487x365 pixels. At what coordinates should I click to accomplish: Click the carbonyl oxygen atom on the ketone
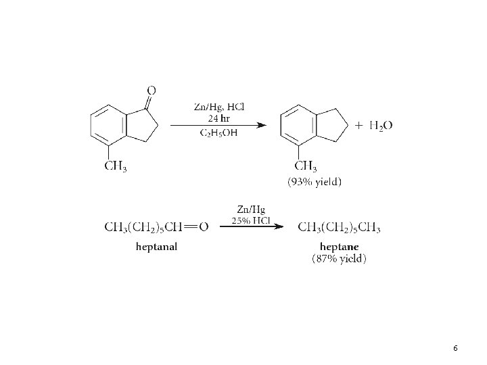tap(151, 89)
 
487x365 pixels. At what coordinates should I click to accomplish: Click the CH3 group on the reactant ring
tap(116, 166)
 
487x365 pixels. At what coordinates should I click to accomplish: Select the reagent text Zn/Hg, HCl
tap(219, 107)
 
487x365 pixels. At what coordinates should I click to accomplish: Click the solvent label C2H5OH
tap(218, 133)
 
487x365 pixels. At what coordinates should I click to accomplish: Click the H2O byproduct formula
tap(381, 126)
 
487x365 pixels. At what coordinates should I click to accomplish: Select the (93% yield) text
tap(315, 181)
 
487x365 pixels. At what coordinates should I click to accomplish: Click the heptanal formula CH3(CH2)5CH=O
tap(156, 226)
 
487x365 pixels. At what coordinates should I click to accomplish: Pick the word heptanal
tap(156, 246)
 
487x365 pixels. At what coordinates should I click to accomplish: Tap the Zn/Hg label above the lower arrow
tap(251, 209)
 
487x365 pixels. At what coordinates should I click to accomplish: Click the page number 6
tap(455, 347)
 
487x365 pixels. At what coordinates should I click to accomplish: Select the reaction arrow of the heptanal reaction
tap(251, 227)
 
